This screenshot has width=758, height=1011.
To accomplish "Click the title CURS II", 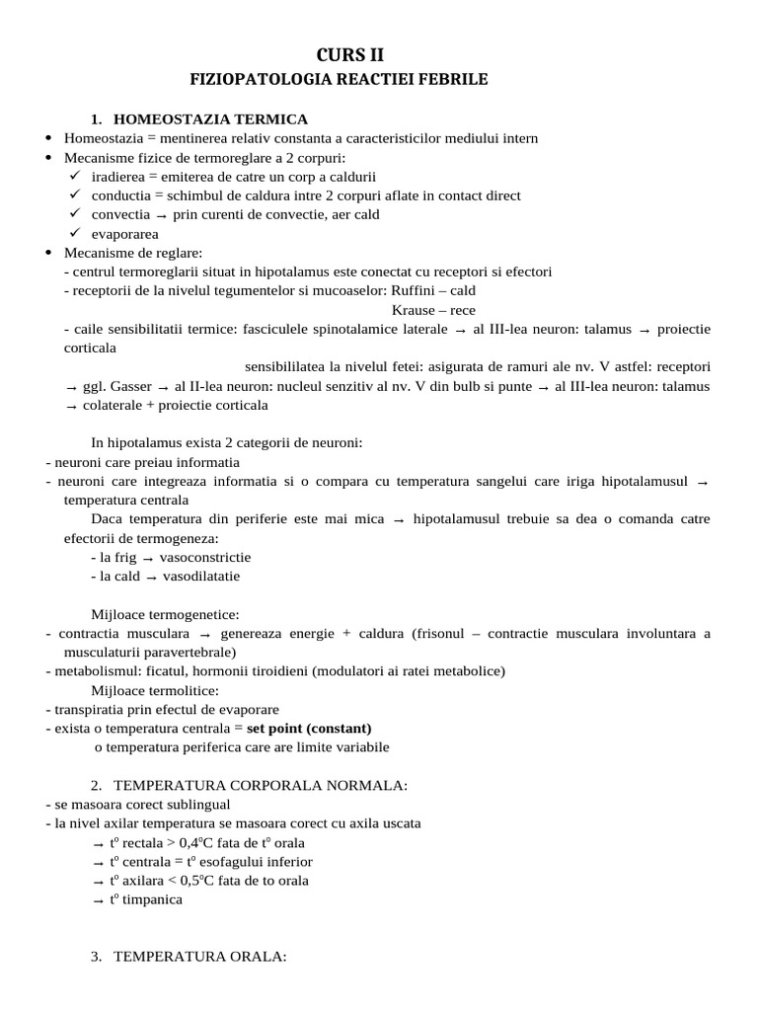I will tap(379, 54).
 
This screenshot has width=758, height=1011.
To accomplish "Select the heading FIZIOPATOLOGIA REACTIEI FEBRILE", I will tap(379, 79).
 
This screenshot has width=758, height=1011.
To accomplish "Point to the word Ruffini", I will tap(417, 290).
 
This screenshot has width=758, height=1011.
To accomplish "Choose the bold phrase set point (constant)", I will tap(309, 728).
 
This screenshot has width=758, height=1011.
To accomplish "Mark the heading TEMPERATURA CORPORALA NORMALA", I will tap(261, 785).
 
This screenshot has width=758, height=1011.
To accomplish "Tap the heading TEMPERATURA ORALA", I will tap(200, 956).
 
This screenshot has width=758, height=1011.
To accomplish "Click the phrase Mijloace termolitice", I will tap(155, 689).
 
